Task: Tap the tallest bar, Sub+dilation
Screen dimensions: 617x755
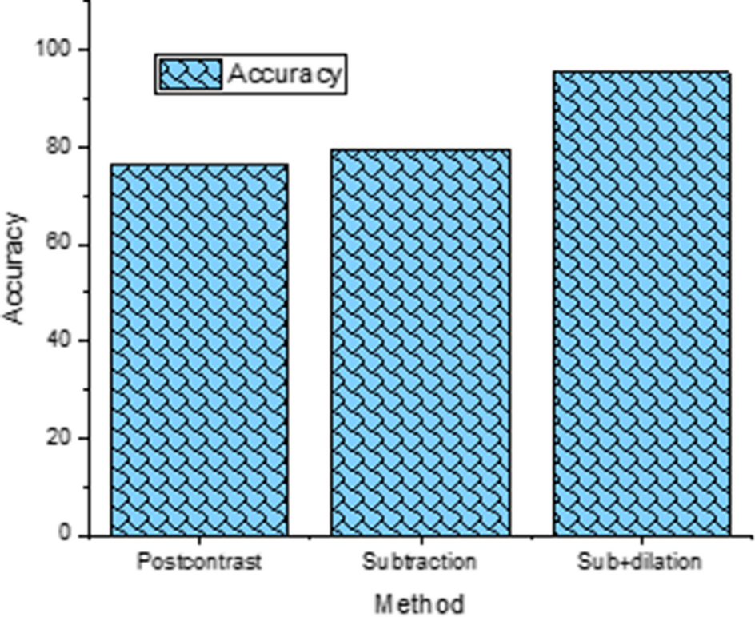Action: coord(641,304)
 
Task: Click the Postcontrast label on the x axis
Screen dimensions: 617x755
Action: coord(199,562)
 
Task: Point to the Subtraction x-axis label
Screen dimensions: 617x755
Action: coord(419,562)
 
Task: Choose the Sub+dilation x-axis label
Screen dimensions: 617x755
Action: coord(640,562)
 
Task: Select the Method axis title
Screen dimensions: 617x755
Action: coord(419,601)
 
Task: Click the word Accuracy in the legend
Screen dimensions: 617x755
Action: coord(285,74)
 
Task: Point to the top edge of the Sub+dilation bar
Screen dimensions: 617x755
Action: coord(641,72)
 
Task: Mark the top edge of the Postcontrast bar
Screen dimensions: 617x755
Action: coord(199,165)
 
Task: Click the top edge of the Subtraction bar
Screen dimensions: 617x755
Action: coord(421,149)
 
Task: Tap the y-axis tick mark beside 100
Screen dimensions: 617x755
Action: coord(83,50)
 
